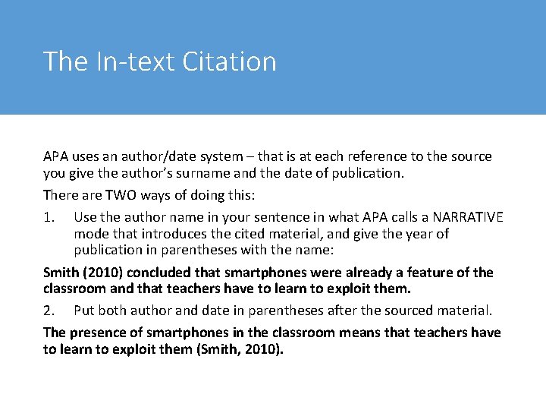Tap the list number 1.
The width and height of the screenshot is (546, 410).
49,217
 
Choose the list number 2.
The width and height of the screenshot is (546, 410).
49,311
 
